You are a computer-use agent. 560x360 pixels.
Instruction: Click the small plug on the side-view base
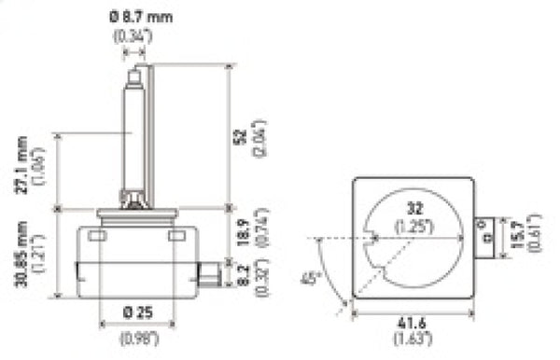pyautogui.click(x=210, y=274)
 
